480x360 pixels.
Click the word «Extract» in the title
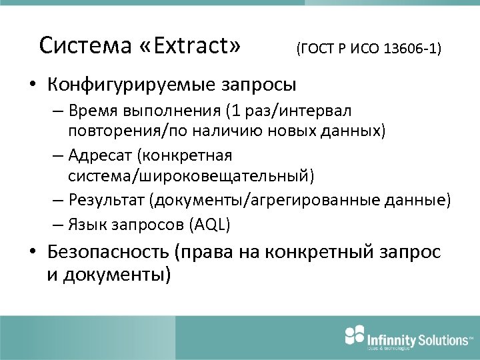point(189,45)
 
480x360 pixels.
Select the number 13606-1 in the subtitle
point(409,49)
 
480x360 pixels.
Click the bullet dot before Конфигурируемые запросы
point(32,85)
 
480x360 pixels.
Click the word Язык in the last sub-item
point(87,225)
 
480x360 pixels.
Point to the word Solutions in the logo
point(443,340)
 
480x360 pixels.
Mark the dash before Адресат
point(57,156)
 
